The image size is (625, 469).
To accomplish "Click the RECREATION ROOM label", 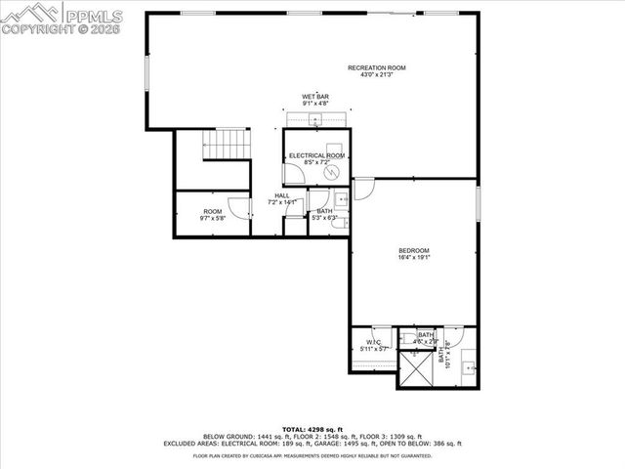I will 376,67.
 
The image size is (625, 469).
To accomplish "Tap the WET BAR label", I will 314,96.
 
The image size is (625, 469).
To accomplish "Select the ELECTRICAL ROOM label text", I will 316,156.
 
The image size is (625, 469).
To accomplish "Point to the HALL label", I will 281,195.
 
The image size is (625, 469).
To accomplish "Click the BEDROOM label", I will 413,251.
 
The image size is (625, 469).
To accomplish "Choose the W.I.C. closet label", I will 374,342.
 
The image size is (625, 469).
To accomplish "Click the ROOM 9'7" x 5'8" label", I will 212,212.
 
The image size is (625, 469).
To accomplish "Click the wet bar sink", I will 315,120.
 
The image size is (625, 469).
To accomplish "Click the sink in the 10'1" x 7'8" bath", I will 469,368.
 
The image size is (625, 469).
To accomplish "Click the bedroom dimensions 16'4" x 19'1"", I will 413,258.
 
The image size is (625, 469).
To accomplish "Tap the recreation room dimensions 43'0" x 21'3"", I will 376,74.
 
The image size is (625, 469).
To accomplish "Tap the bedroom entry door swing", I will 362,189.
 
